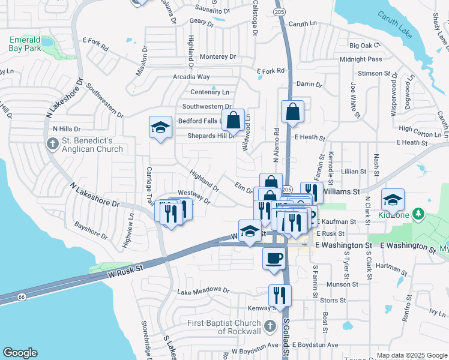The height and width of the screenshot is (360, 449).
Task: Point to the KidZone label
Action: [x=394, y=214]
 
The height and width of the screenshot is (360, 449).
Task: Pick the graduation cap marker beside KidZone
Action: [x=393, y=200]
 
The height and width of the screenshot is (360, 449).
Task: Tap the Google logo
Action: [x=20, y=353]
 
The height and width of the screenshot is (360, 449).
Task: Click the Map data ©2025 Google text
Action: [x=411, y=355]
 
